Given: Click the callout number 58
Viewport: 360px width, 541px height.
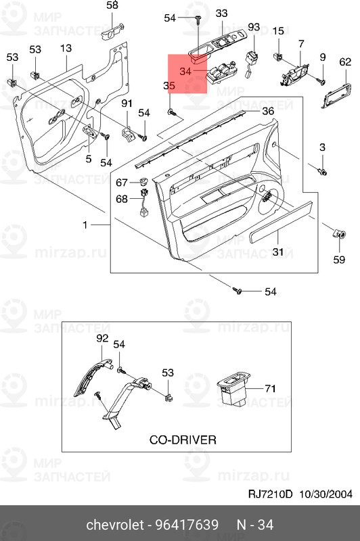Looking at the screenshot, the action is [112, 5].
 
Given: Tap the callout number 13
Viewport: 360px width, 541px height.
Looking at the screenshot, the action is [66, 48].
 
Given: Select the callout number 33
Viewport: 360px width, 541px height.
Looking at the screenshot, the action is [221, 14].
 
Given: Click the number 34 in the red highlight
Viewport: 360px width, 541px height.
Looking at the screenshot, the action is [185, 72].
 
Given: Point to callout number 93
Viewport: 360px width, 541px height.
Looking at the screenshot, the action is [254, 26].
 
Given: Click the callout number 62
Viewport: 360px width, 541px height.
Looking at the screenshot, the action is [345, 62].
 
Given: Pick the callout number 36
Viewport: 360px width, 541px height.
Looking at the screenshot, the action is [268, 111].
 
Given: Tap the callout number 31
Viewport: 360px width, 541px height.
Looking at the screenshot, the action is [278, 252].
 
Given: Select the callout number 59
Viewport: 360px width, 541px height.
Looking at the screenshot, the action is [339, 260].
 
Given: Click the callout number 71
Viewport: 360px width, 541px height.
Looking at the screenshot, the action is [270, 389].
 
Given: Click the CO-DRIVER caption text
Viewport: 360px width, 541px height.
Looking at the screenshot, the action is [183, 440].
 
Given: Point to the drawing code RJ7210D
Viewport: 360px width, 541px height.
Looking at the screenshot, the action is [270, 494].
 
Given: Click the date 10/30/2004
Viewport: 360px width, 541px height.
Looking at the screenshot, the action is [325, 494].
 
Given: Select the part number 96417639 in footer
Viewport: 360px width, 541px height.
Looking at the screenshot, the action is [187, 525].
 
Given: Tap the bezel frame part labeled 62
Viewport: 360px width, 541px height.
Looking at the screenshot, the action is [336, 95].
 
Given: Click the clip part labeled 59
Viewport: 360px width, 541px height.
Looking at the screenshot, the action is [339, 234].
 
